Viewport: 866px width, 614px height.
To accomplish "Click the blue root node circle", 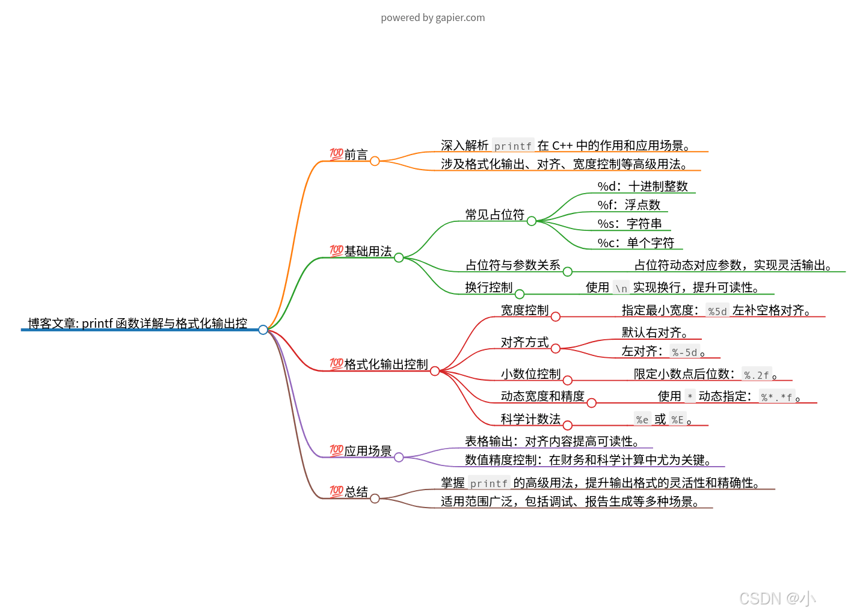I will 263,330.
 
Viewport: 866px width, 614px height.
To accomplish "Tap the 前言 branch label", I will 356,155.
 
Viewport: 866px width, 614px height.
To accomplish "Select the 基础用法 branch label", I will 367,251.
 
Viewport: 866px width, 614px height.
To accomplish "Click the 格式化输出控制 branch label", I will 385,364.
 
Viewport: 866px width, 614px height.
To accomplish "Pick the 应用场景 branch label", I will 367,451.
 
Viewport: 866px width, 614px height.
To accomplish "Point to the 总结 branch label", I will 356,492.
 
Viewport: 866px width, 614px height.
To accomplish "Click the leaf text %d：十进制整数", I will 642,186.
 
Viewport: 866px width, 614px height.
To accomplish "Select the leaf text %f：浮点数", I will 628,205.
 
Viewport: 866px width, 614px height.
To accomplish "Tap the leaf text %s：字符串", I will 629,224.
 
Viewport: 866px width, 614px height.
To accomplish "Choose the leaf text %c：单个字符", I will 636,243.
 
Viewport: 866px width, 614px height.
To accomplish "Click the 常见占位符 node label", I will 494,215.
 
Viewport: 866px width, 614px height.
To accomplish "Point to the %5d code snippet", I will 717,312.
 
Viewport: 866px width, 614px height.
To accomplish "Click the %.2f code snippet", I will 756,375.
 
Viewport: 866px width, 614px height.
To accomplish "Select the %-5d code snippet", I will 684,352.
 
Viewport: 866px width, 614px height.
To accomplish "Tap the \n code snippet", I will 621,289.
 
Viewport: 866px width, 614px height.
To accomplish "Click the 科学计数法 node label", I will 530,419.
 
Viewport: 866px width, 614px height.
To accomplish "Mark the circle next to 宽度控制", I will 556,317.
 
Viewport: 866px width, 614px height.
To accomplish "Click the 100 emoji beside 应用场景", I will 336,450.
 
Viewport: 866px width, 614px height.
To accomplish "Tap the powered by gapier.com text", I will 432,17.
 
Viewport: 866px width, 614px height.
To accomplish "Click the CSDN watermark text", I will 777,598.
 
